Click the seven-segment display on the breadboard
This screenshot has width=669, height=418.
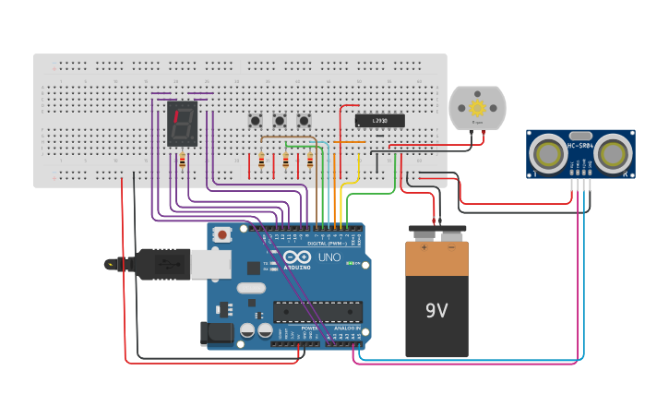tap(182, 124)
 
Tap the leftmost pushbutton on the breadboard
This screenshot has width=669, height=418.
tap(255, 121)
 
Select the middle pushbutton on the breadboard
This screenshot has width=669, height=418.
tap(279, 121)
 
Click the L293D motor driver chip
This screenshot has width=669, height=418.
tap(380, 121)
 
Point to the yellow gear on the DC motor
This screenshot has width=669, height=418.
tap(477, 105)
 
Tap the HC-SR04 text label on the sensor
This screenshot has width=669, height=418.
tap(581, 145)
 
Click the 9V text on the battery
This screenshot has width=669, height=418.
tap(436, 311)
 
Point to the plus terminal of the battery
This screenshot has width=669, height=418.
tap(424, 246)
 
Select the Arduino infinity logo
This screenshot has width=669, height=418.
tap(298, 257)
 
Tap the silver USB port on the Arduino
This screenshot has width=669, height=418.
tap(211, 265)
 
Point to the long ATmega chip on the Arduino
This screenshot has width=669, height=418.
tap(317, 312)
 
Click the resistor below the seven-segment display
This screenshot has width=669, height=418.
tap(182, 161)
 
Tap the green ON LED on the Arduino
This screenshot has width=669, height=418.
tap(350, 263)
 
